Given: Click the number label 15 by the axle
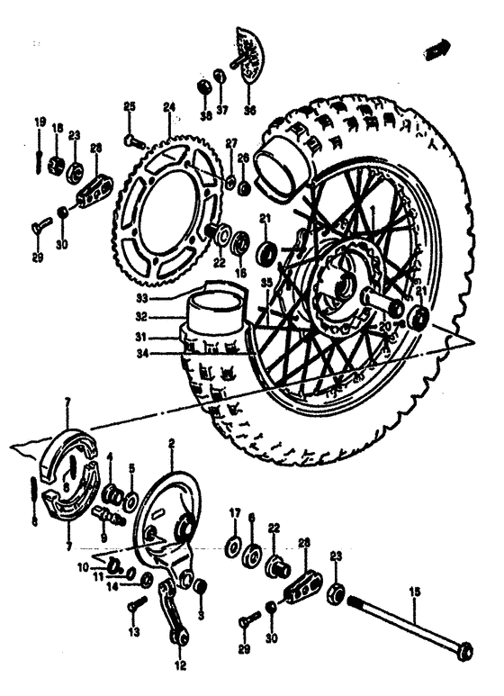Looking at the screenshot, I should pyautogui.click(x=414, y=591).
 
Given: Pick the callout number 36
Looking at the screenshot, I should pyautogui.click(x=249, y=111).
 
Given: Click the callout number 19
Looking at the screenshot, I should pyautogui.click(x=40, y=122).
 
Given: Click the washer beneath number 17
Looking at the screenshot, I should pyautogui.click(x=233, y=546).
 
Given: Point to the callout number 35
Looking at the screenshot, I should pyautogui.click(x=265, y=283).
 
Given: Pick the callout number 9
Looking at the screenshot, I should pyautogui.click(x=104, y=538).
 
